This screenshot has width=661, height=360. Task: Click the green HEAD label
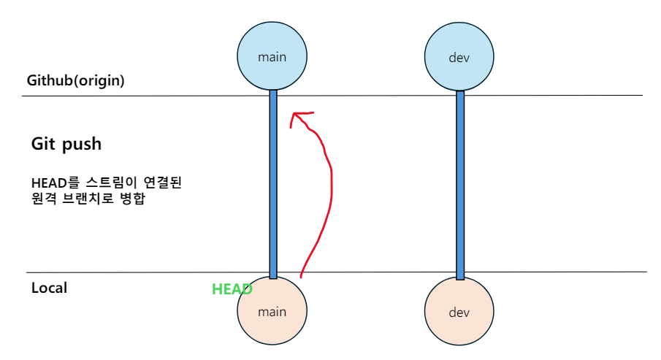232,289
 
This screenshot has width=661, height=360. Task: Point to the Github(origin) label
75,80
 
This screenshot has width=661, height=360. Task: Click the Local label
49,288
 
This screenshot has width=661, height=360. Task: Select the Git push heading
66,144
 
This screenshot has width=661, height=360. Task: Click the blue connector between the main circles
273,183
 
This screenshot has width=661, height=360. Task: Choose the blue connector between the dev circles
460,183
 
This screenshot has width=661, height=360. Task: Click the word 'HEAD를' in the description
49,183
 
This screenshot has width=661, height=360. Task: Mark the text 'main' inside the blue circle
272,56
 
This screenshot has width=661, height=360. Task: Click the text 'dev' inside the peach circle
458,313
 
